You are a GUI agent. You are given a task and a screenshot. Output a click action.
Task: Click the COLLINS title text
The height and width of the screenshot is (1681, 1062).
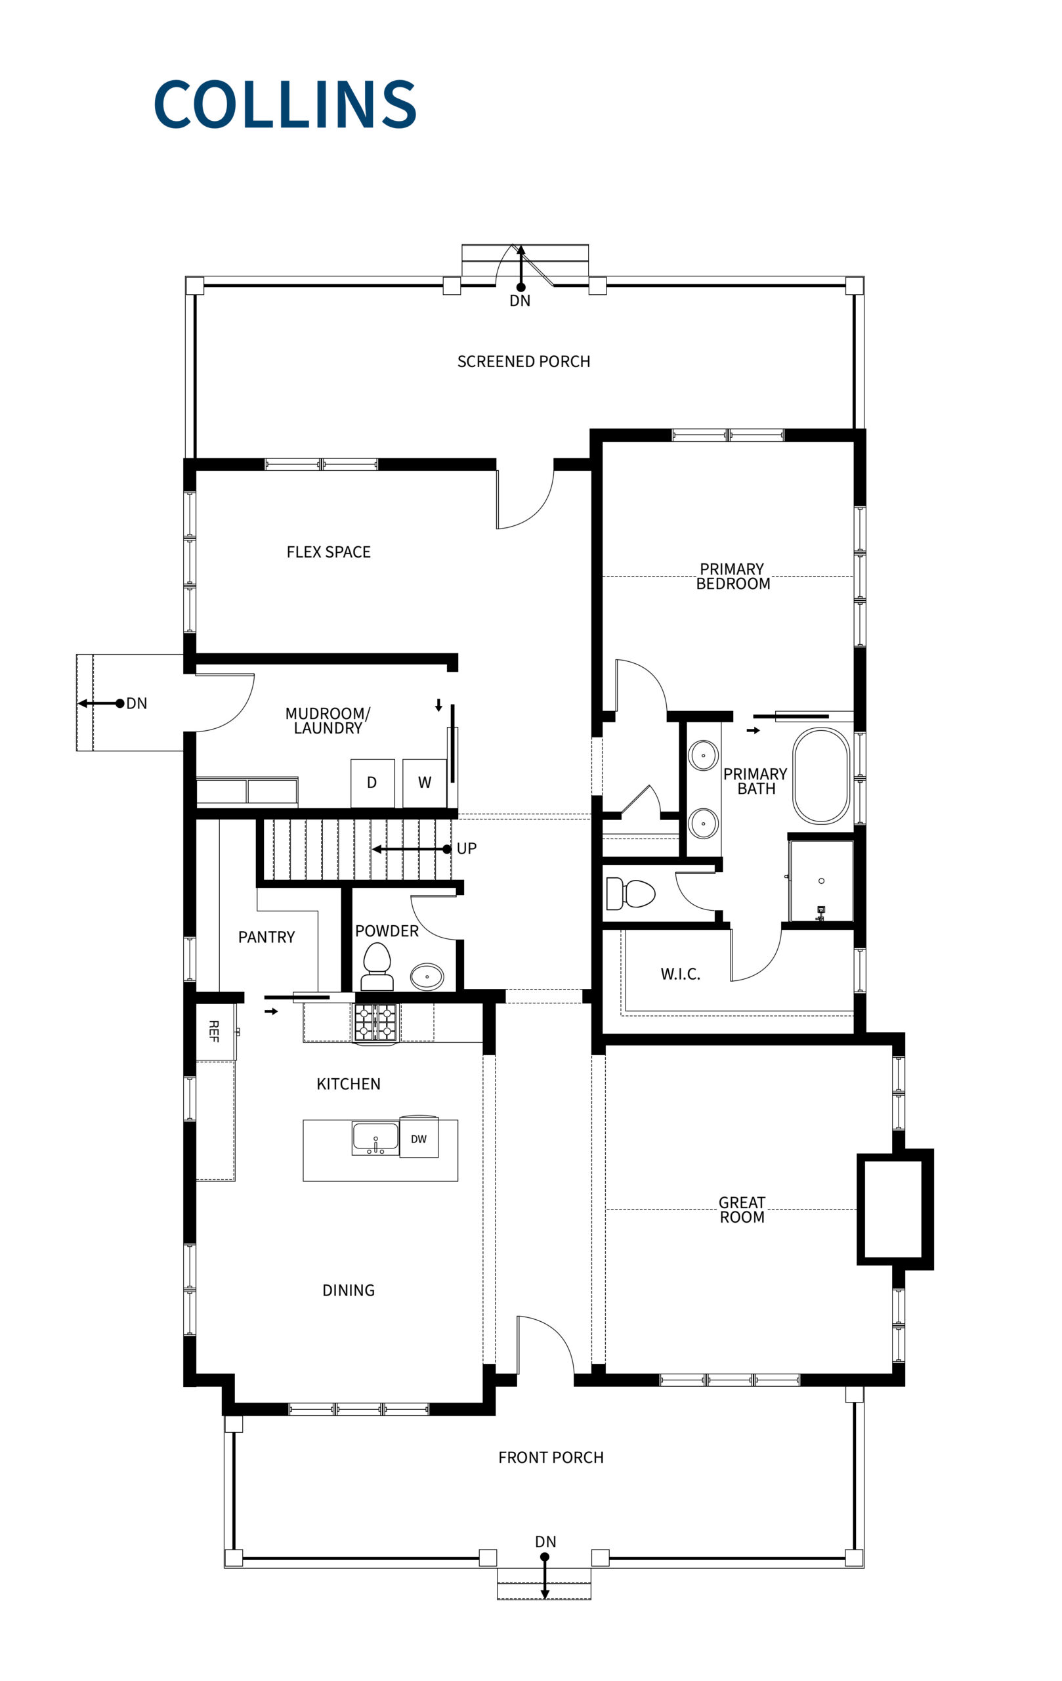[285, 104]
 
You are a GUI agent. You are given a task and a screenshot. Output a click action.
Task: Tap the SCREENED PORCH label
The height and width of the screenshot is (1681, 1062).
[523, 362]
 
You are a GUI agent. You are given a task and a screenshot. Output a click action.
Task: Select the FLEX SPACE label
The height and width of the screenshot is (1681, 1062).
[328, 552]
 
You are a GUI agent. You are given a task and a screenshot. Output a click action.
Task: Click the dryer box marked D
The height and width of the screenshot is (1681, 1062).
[372, 783]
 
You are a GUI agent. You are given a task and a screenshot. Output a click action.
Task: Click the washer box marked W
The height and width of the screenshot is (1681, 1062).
[424, 783]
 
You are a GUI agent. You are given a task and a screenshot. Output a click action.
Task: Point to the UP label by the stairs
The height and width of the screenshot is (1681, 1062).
[466, 848]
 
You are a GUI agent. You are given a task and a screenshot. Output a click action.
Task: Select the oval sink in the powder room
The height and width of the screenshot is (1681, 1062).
[427, 976]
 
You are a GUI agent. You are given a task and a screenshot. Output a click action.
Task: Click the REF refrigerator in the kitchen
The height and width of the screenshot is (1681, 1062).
[215, 1031]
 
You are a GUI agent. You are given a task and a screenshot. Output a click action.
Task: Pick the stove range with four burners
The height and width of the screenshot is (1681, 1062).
[375, 1022]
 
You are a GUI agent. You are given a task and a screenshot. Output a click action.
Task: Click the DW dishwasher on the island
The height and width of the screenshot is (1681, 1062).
[419, 1139]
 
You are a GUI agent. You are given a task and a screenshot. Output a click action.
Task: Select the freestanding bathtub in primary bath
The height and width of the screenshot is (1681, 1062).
[820, 775]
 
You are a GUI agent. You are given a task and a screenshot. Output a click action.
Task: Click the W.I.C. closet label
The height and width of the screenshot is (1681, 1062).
[680, 974]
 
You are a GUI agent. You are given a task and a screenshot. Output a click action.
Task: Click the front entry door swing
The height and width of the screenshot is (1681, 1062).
[544, 1346]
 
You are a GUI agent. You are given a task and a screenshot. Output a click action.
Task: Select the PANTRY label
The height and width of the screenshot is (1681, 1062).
[266, 937]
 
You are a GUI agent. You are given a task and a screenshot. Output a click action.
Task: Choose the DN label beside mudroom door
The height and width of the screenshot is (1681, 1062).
[137, 703]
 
